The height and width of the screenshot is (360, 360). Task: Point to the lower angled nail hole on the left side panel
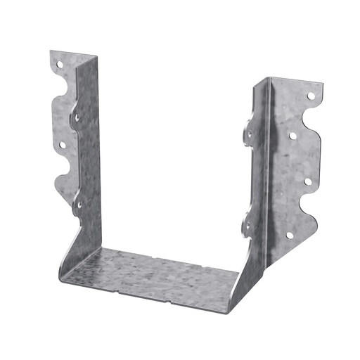pos(78,205)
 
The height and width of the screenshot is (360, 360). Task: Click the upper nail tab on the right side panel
pos(250,131)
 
